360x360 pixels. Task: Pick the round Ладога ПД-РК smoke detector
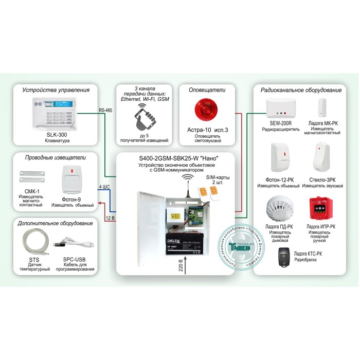coord(279,208)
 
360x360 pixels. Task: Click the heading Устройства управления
coord(56,90)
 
